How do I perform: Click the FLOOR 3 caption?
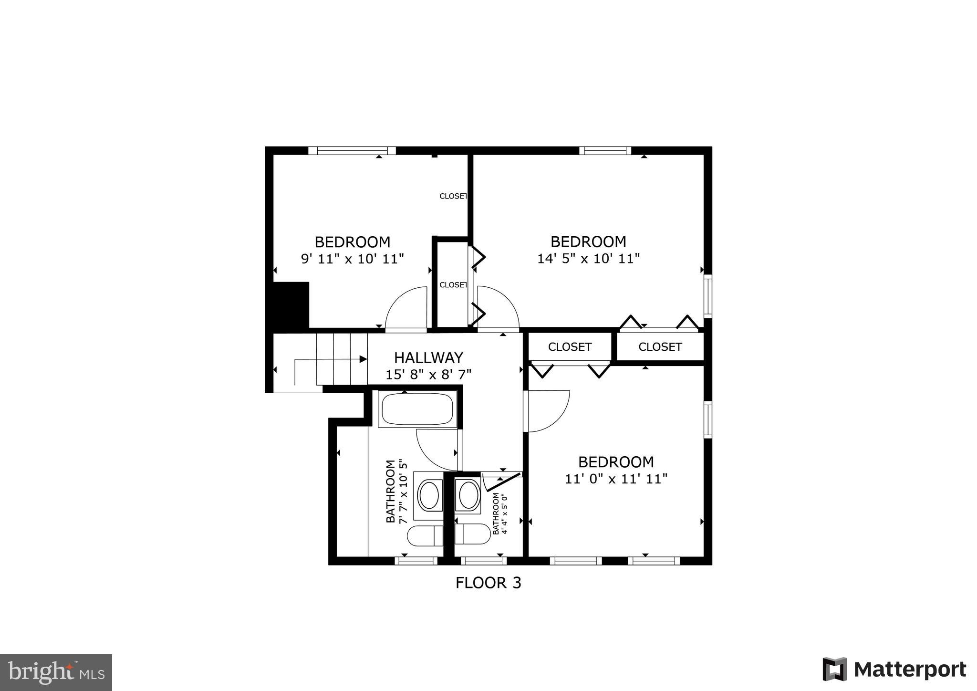[488, 583]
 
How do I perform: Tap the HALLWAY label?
[428, 357]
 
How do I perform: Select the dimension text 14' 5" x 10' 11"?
[588, 259]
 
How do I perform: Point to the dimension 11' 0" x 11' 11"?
[616, 479]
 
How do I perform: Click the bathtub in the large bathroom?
[417, 409]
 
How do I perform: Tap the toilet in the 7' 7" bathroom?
[425, 536]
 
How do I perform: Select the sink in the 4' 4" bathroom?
[468, 495]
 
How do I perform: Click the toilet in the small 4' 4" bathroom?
[472, 534]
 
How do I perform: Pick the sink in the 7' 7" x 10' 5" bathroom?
[428, 495]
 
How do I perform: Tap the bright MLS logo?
[56, 672]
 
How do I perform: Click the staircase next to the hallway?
[342, 359]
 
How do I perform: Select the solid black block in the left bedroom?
[291, 304]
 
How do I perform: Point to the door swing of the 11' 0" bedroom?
[546, 411]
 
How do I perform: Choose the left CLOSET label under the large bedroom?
[570, 347]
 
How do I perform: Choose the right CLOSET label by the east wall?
[660, 347]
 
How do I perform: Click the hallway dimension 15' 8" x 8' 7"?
[428, 375]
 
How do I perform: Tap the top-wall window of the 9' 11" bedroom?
[352, 151]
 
